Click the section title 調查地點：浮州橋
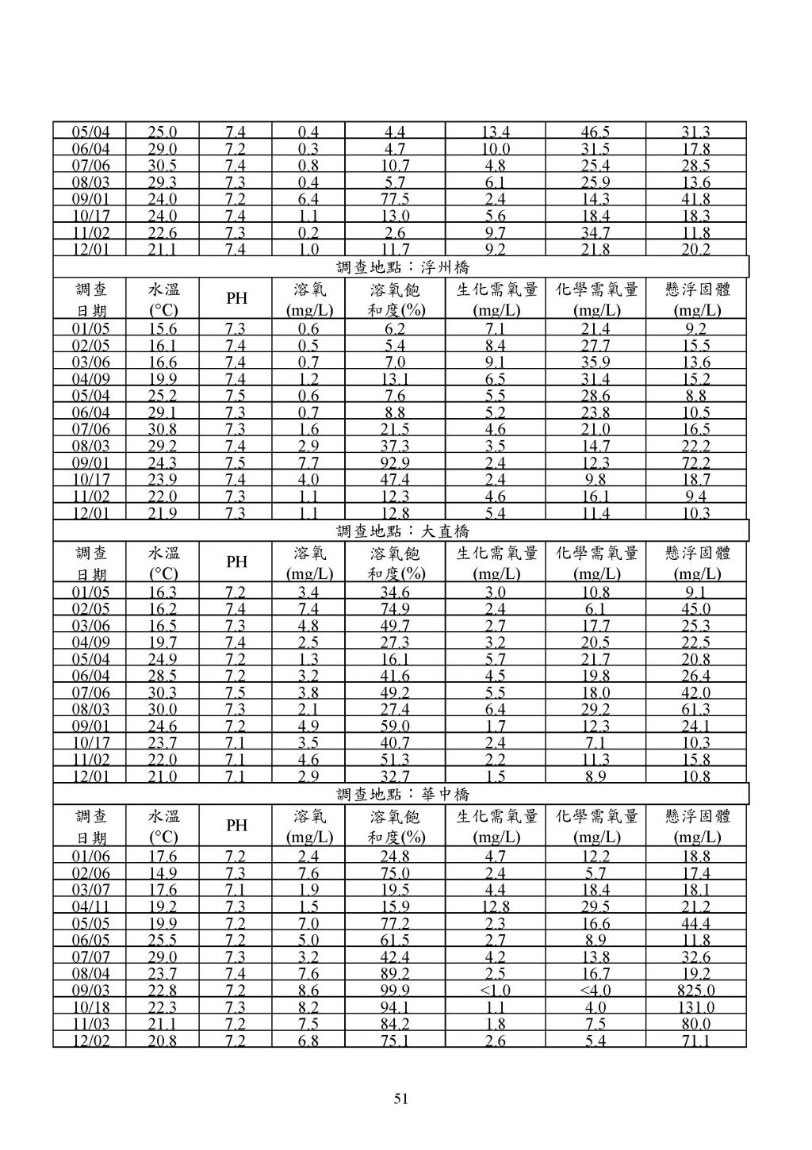pyautogui.click(x=402, y=267)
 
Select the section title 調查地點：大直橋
pyautogui.click(x=402, y=531)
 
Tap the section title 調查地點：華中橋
pyautogui.click(x=402, y=794)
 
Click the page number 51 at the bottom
pyautogui.click(x=400, y=1098)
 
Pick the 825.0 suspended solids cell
pyautogui.click(x=696, y=991)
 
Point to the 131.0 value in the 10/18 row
pyautogui.click(x=696, y=1007)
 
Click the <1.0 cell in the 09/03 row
pyautogui.click(x=495, y=991)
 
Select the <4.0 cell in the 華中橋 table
pyautogui.click(x=595, y=991)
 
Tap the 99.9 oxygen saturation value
pyautogui.click(x=395, y=991)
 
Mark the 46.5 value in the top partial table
pyautogui.click(x=595, y=132)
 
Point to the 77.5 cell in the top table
pyautogui.click(x=395, y=199)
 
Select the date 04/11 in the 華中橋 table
pyautogui.click(x=91, y=907)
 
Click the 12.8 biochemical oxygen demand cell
pyautogui.click(x=495, y=907)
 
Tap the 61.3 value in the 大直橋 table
pyautogui.click(x=696, y=710)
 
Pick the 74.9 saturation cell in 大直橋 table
pyautogui.click(x=395, y=609)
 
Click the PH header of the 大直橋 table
pyautogui.click(x=236, y=562)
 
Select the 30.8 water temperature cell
pyautogui.click(x=163, y=430)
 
